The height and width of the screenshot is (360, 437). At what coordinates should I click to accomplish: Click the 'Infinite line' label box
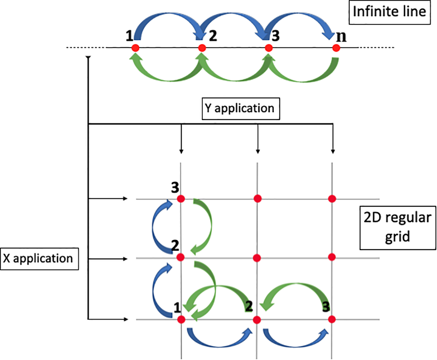point(389,12)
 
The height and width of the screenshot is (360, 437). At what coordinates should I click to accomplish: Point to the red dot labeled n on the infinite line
point(336,48)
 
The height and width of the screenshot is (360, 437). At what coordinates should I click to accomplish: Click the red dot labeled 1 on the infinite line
point(135,48)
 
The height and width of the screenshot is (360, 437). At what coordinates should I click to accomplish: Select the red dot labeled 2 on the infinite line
point(202,48)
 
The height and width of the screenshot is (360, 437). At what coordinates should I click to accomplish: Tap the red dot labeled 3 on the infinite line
point(269,48)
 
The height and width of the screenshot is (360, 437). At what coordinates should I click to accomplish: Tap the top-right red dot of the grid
point(332,199)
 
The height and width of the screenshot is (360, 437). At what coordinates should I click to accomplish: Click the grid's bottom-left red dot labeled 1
point(181,319)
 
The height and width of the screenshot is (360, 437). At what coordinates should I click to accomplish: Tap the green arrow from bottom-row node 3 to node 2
point(296,287)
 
